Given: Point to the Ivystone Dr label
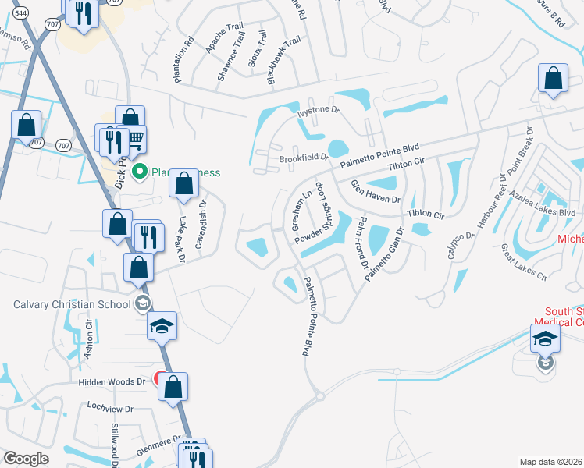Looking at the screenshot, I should [319, 111].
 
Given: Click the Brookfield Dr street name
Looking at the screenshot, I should [304, 157].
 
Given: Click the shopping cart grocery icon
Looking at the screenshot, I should [135, 140].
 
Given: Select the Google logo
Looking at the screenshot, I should [26, 458].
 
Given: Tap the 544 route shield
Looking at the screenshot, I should [20, 12].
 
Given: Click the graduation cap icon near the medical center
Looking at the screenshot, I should [545, 339].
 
